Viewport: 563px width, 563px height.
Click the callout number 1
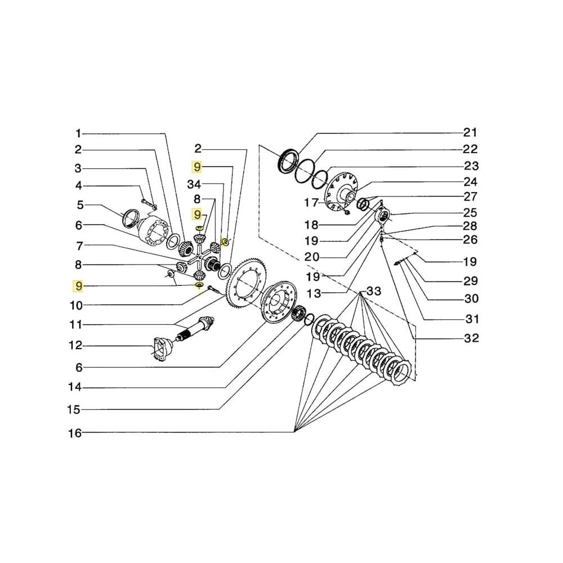(x=78, y=133)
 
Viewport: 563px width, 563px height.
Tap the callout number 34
(x=194, y=185)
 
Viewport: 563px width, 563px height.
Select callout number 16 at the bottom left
(x=75, y=433)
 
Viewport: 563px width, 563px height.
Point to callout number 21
(x=470, y=133)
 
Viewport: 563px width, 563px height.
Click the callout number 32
(x=471, y=338)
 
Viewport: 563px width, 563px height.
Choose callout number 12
(x=75, y=345)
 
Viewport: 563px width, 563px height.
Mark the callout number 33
(x=374, y=291)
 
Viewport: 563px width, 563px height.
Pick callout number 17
(x=311, y=202)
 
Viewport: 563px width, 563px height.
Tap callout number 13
(x=314, y=293)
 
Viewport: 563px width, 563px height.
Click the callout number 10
(x=75, y=306)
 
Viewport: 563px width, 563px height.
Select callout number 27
(x=471, y=196)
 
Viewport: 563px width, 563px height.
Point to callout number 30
(x=471, y=298)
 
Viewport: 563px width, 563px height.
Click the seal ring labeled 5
(x=131, y=217)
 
